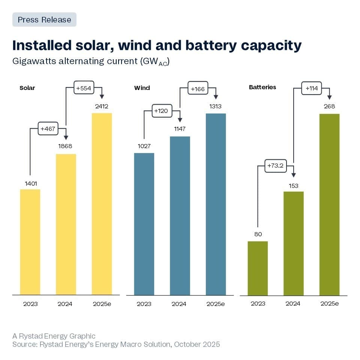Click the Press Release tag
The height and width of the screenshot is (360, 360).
44,19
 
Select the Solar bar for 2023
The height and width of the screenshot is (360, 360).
30,242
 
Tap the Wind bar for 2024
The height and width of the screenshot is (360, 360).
180,216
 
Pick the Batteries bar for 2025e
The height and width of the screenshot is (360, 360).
329,204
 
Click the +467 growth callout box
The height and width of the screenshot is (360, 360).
48,129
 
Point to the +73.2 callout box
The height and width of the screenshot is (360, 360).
276,166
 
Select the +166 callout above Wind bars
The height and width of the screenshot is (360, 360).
198,89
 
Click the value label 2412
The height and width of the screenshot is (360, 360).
102,106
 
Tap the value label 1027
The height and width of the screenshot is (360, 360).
144,146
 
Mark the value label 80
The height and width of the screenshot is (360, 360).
258,234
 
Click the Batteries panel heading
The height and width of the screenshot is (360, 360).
262,87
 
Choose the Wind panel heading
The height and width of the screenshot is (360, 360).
142,88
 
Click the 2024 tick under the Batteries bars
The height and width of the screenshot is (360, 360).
293,303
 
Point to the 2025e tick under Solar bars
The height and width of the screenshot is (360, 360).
102,304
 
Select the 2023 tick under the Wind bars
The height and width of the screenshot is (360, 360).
144,304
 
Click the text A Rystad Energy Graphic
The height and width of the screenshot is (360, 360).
54,336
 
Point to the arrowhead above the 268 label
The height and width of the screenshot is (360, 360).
329,97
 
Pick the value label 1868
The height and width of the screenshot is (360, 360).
66,146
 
